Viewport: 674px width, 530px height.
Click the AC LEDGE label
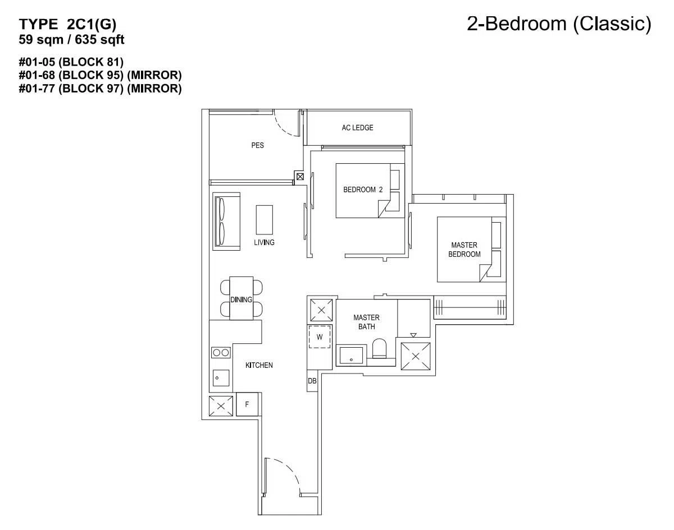(x=357, y=128)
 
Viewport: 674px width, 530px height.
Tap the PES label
(x=257, y=145)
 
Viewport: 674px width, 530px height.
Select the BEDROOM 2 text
(x=363, y=190)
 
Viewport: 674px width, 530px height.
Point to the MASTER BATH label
(x=366, y=322)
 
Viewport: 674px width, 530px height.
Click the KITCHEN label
(x=259, y=365)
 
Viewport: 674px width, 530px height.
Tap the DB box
(x=312, y=381)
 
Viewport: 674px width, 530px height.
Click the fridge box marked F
(x=247, y=404)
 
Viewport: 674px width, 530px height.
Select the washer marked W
(x=320, y=337)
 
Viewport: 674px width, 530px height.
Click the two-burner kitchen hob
(x=221, y=353)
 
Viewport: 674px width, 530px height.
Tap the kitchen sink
(x=221, y=378)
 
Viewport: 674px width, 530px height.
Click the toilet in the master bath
(x=380, y=348)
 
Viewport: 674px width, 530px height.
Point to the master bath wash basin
(x=351, y=355)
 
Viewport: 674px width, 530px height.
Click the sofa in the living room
(x=226, y=221)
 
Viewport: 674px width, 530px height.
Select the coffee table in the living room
(x=265, y=220)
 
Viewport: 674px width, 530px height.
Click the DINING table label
(x=241, y=299)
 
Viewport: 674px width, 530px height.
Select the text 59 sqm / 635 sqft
(x=71, y=40)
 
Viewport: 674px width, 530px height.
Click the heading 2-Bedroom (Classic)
(x=559, y=24)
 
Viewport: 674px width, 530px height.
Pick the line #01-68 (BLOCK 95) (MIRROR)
(x=100, y=75)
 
